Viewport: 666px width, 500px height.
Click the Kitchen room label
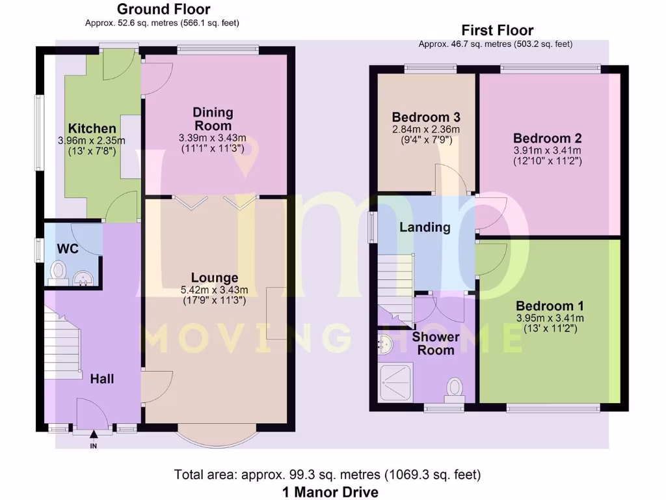[92, 128]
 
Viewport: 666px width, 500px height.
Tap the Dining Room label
[213, 119]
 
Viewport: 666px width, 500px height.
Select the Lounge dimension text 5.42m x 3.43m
[214, 290]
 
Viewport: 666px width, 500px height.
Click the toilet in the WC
[58, 273]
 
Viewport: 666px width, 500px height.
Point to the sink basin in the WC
[83, 279]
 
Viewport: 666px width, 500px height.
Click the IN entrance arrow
[94, 434]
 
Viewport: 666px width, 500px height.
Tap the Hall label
[102, 379]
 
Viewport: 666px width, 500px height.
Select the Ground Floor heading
[163, 9]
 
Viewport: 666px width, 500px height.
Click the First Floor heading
[498, 30]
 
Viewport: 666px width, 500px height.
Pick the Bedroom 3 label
[426, 117]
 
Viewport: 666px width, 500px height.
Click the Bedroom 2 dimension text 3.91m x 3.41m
[548, 150]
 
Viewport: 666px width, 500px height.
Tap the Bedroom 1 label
[550, 306]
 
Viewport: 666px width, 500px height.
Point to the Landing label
[425, 227]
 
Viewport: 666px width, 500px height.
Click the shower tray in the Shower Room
[396, 382]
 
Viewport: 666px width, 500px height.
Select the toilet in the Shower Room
[455, 391]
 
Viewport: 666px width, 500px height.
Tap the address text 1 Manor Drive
[330, 492]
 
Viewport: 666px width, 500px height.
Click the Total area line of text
[328, 474]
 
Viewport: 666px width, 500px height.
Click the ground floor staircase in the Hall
[63, 344]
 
